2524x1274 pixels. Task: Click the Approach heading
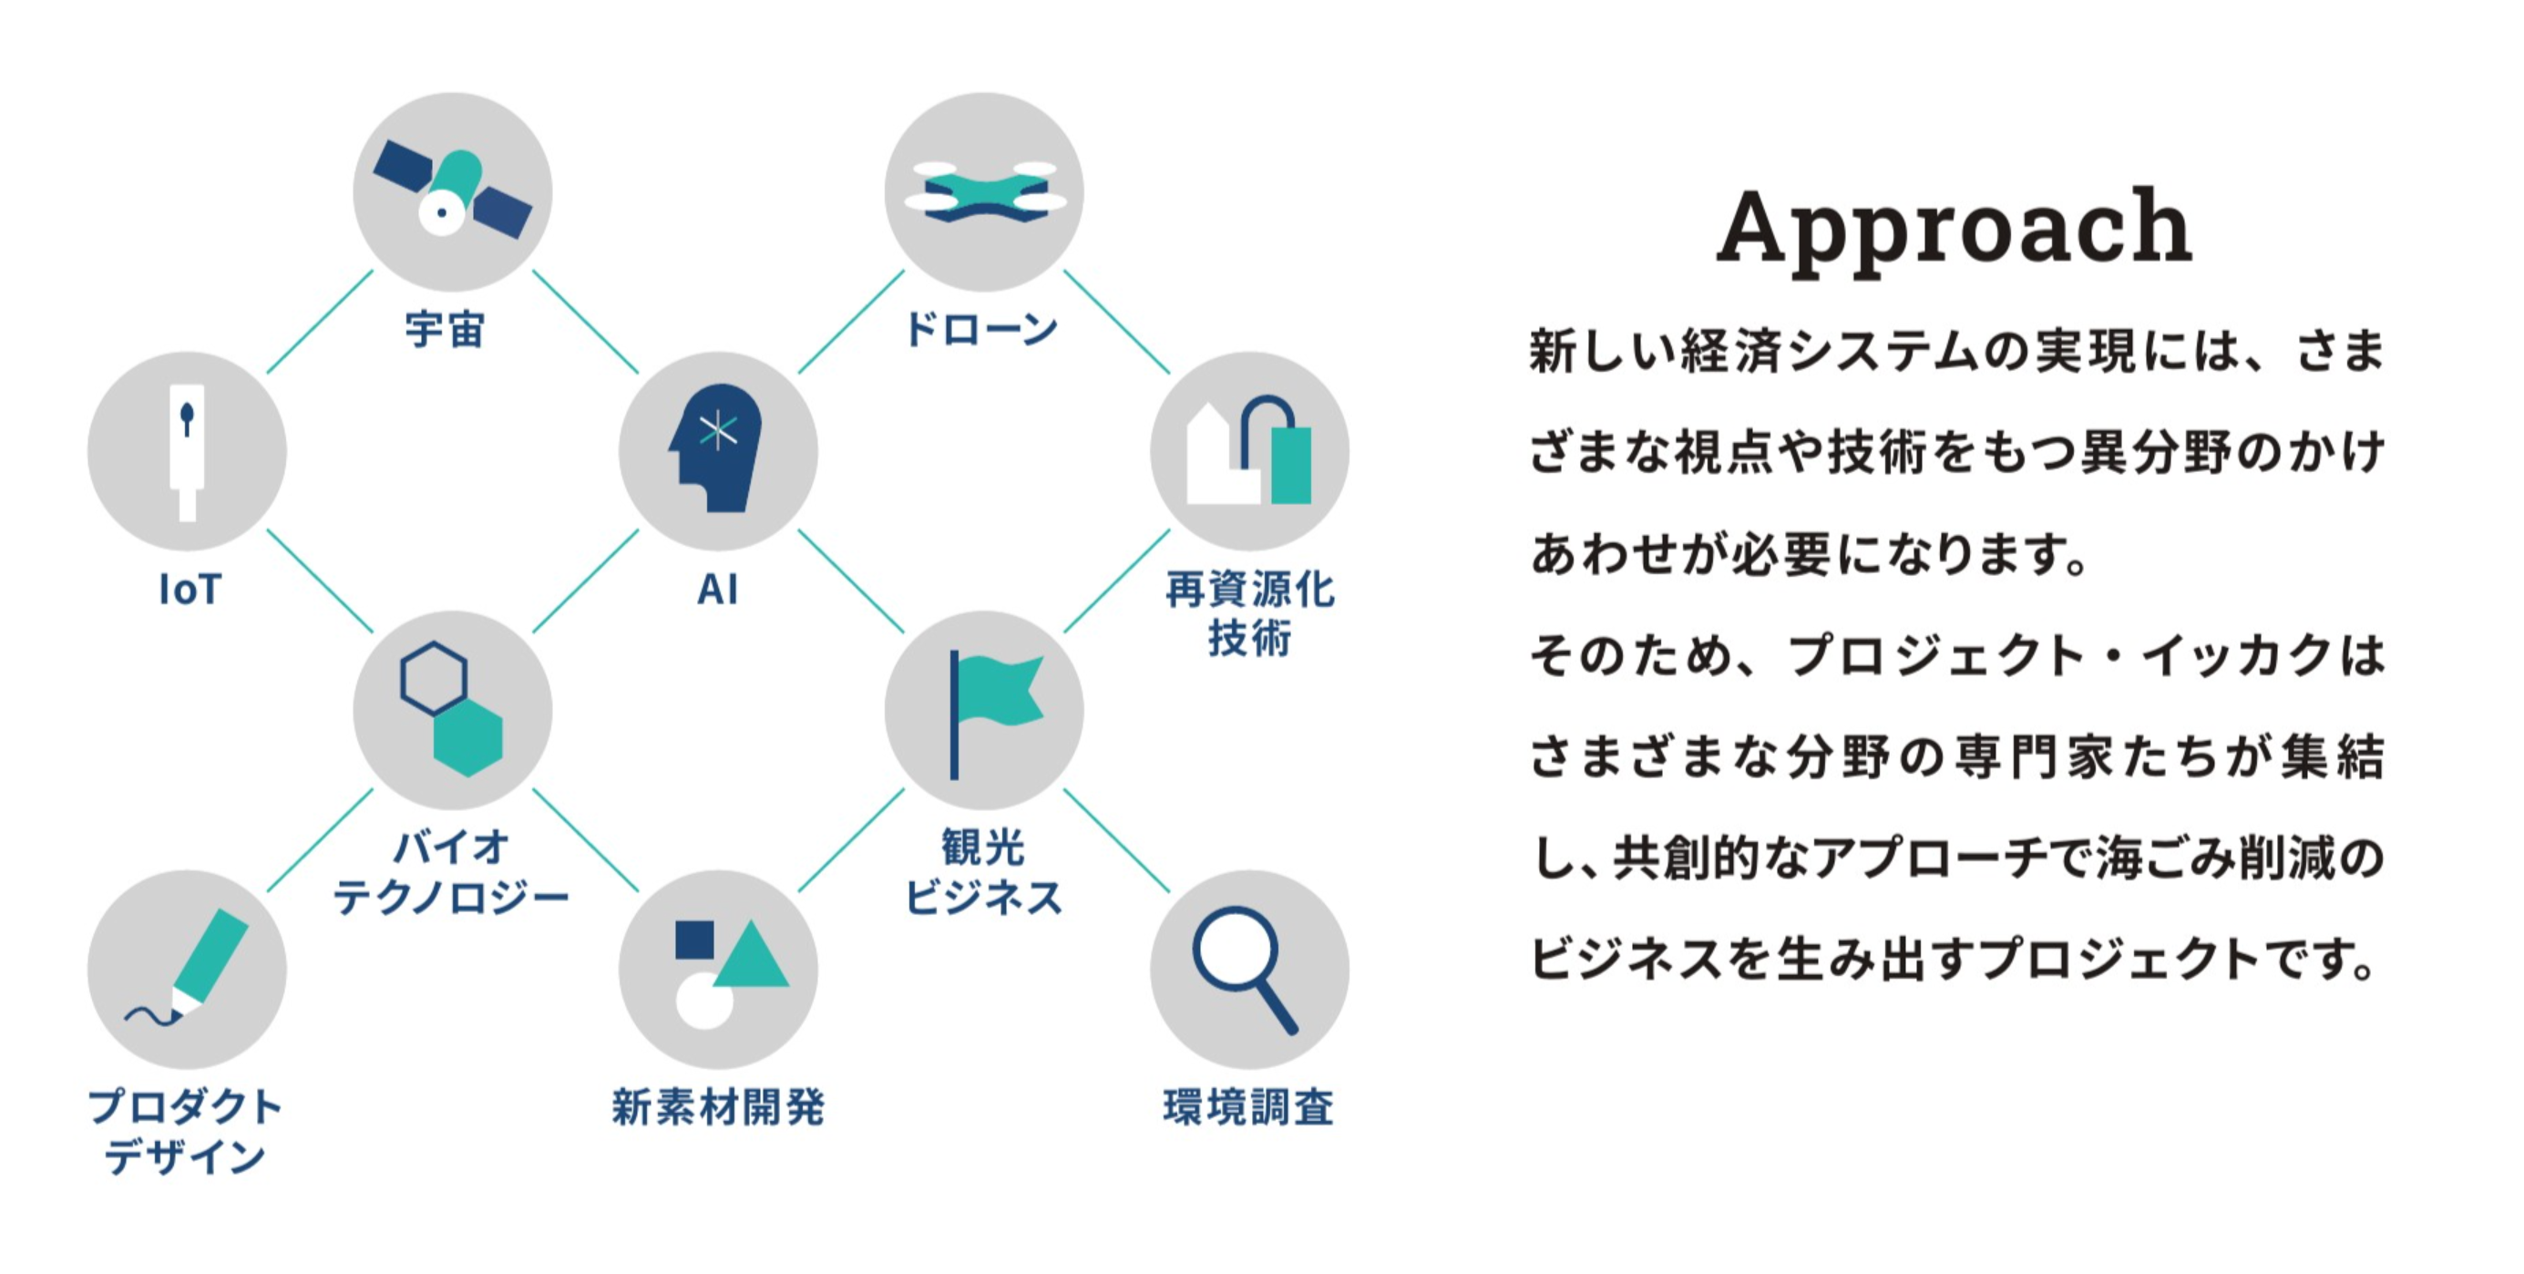[x=1954, y=227]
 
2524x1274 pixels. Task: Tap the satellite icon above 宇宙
[x=452, y=193]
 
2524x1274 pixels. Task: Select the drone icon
[x=984, y=193]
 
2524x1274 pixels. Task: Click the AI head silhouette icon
[x=717, y=449]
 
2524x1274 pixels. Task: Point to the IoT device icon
[x=187, y=451]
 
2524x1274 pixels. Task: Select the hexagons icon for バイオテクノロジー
[x=452, y=710]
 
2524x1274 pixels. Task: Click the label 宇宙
[x=446, y=330]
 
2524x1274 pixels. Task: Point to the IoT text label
[x=190, y=590]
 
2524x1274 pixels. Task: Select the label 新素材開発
[x=718, y=1107]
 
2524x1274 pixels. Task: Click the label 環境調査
[x=1248, y=1107]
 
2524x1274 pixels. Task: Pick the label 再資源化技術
[x=1249, y=613]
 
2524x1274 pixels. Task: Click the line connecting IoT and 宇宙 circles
[x=320, y=322]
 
